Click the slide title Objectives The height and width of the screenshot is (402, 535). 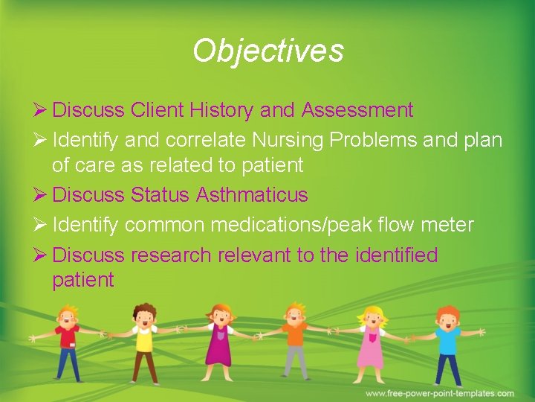point(267,51)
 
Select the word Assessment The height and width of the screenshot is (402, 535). point(357,111)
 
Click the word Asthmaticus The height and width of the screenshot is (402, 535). point(252,195)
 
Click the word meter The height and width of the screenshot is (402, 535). point(447,224)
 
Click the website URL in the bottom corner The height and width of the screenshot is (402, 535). point(439,393)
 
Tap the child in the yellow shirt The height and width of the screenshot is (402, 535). point(143,339)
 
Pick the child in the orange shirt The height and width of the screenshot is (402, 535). point(296,339)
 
